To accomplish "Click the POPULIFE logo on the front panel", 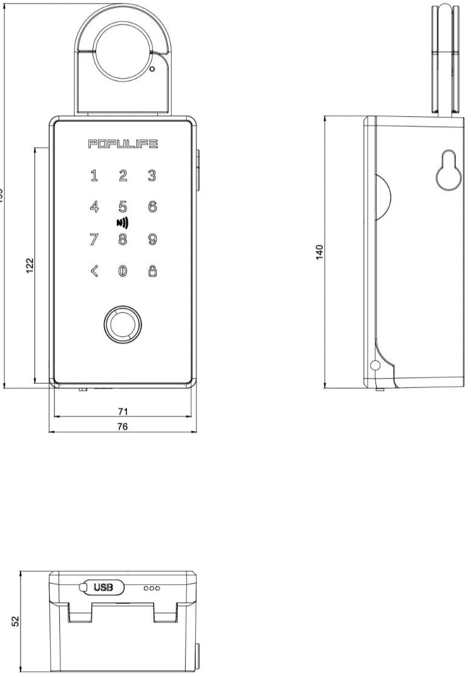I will pyautogui.click(x=123, y=144).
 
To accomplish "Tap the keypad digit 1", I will pyautogui.click(x=94, y=176).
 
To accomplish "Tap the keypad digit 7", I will pyautogui.click(x=94, y=240).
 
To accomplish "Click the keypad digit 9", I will pyautogui.click(x=152, y=240).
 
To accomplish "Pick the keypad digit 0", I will pyautogui.click(x=123, y=272).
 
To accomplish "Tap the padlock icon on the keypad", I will pyautogui.click(x=152, y=272).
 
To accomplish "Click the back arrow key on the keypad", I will pyautogui.click(x=94, y=272).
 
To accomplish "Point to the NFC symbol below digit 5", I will pyautogui.click(x=123, y=223).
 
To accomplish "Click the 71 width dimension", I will pyautogui.click(x=123, y=411).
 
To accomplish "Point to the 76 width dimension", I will pyautogui.click(x=123, y=426).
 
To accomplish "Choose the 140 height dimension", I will pyautogui.click(x=320, y=252).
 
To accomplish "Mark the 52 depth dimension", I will pyautogui.click(x=16, y=621).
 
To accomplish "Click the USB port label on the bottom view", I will pyautogui.click(x=103, y=587).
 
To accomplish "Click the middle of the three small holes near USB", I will pyautogui.click(x=152, y=587).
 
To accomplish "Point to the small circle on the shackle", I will pyautogui.click(x=152, y=69).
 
